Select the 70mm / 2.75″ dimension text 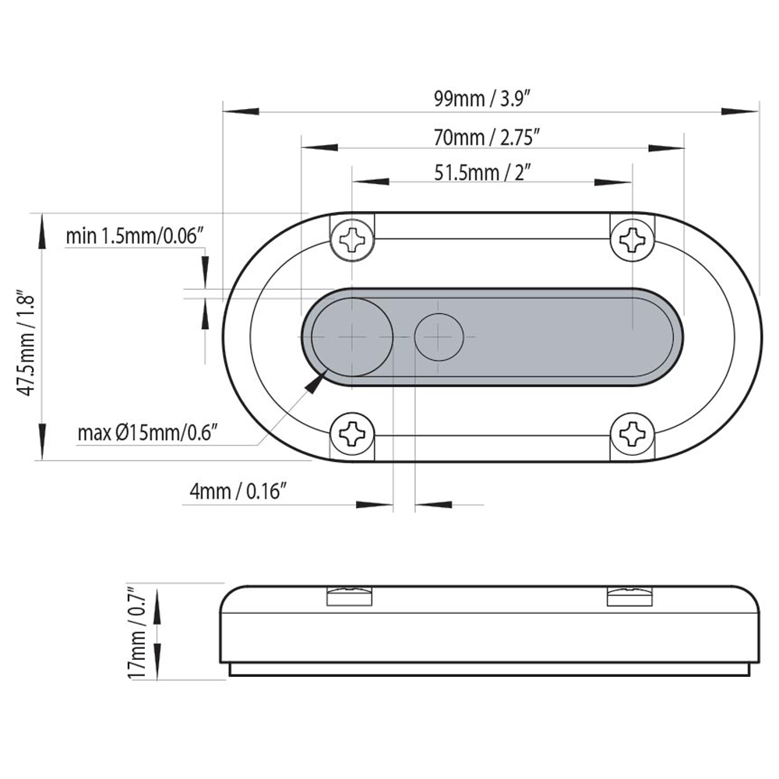coord(486,137)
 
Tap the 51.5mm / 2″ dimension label coord(483,173)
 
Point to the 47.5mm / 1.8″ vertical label coord(26,342)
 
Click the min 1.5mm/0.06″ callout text coord(135,236)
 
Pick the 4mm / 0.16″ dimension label coord(238,492)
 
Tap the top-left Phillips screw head coord(352,239)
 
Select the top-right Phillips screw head coord(632,240)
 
